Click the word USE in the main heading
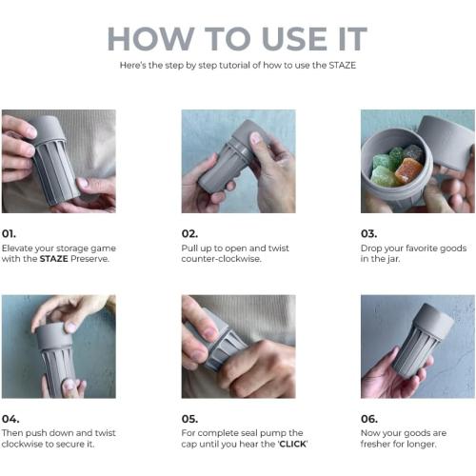click(x=295, y=39)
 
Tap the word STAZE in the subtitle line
click(x=342, y=66)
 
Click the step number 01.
click(x=9, y=234)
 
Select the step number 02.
click(x=189, y=234)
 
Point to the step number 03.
click(x=368, y=234)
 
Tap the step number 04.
click(x=10, y=419)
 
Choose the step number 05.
click(x=189, y=419)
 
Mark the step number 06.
click(x=369, y=419)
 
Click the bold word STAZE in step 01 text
click(x=53, y=259)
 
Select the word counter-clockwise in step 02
click(x=221, y=259)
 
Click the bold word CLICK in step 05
click(x=292, y=444)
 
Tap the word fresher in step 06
click(x=375, y=444)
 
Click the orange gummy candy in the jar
click(x=408, y=170)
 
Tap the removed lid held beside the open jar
click(x=445, y=140)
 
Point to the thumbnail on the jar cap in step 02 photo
click(x=255, y=138)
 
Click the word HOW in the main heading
click(x=150, y=39)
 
